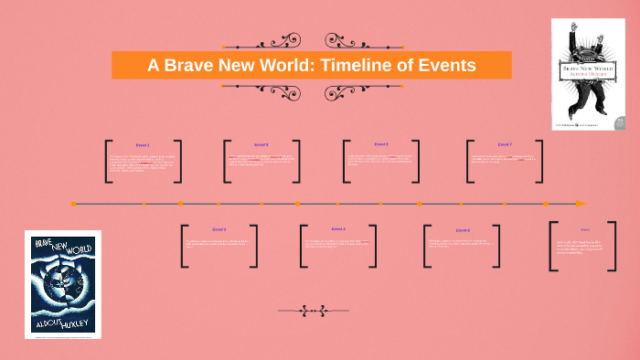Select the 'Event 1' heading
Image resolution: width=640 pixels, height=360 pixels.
coord(143,145)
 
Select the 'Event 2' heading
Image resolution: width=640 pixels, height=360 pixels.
coord(219,229)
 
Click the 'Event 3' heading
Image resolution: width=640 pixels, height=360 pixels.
coord(261,144)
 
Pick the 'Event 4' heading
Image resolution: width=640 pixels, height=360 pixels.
coord(338,228)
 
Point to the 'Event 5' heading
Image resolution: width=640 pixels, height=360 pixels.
coord(381,144)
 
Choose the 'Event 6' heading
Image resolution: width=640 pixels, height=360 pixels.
coord(463,230)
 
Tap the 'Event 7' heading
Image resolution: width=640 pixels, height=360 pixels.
coord(505,144)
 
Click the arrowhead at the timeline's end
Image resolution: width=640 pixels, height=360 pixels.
coord(581,203)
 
